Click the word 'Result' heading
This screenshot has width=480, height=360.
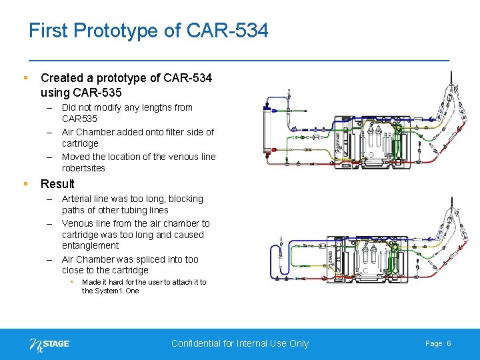pyautogui.click(x=57, y=184)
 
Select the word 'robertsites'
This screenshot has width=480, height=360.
pyautogui.click(x=83, y=168)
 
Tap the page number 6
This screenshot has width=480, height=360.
pyautogui.click(x=449, y=343)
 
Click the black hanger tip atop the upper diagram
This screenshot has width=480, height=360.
pyautogui.click(x=453, y=75)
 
